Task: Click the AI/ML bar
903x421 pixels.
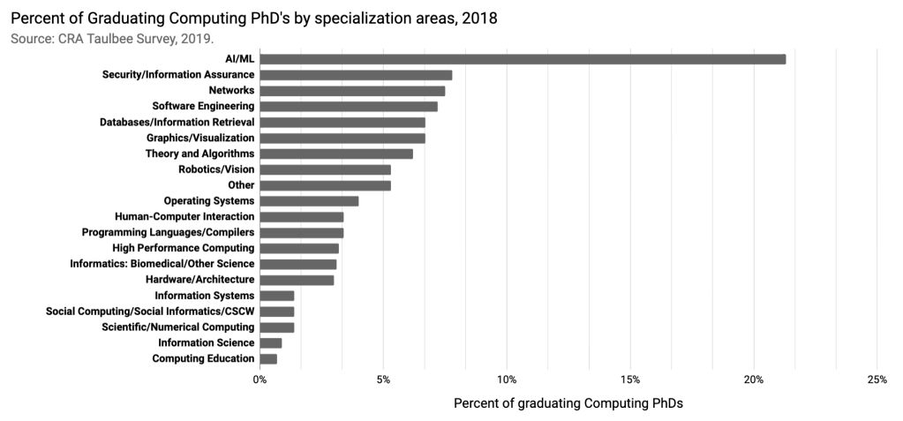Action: click(x=523, y=59)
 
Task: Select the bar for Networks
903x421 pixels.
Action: click(x=352, y=91)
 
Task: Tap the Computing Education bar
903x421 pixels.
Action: click(x=268, y=358)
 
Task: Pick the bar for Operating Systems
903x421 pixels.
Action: click(x=309, y=201)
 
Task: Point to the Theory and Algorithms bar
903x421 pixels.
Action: click(x=336, y=154)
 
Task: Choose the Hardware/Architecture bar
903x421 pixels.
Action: click(x=297, y=280)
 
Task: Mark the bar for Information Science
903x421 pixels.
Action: click(x=271, y=342)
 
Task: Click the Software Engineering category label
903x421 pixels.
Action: click(x=203, y=107)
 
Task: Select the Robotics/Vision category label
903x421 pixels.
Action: click(x=216, y=169)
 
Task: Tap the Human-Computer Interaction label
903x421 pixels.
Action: click(x=184, y=217)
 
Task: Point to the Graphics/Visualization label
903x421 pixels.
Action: click(x=200, y=139)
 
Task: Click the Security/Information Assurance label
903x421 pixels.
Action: click(x=178, y=75)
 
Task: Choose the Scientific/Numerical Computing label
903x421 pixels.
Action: click(x=178, y=327)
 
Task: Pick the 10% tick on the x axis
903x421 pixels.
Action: click(x=507, y=380)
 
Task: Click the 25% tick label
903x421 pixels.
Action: click(x=877, y=380)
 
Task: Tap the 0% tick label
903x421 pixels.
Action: click(x=260, y=380)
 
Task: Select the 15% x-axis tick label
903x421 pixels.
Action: click(x=630, y=380)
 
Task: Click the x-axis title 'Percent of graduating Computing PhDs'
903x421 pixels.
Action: click(x=568, y=403)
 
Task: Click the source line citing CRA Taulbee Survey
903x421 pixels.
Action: click(x=113, y=39)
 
